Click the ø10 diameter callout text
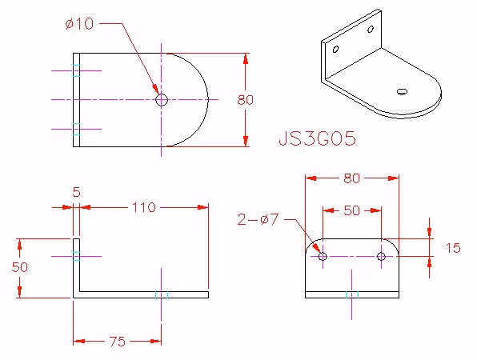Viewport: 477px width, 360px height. (79, 24)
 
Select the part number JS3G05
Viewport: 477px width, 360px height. (317, 138)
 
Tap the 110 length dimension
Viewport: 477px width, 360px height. (144, 207)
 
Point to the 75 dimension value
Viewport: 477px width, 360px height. (117, 342)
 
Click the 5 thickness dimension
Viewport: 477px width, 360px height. (77, 192)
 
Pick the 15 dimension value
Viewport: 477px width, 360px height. (453, 248)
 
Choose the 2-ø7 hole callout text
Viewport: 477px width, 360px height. (258, 219)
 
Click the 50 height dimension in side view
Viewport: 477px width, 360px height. (20, 267)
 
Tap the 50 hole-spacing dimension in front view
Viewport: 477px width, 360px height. (352, 210)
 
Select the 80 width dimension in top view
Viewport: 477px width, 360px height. (245, 100)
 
